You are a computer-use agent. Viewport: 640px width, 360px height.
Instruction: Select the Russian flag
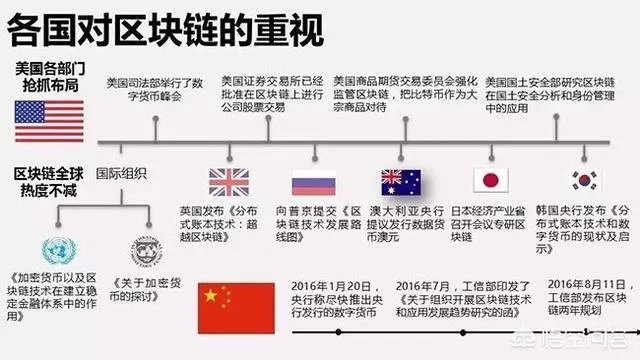310,183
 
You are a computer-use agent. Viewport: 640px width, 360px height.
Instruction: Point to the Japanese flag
491,181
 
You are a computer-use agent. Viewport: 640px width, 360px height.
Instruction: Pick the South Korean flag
584,181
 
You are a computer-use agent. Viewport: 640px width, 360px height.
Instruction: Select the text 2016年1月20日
334,283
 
